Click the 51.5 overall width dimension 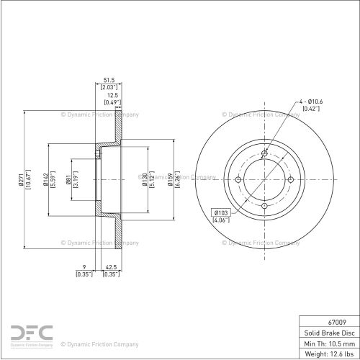pos(109,80)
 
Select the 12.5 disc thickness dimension pos(112,95)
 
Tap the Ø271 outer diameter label pos(20,179)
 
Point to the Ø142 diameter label pos(46,179)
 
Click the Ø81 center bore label pos(68,179)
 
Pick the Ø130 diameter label pos(145,179)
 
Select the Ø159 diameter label pos(170,179)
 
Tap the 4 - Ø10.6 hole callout pos(311,102)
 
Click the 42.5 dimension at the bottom pos(111,267)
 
